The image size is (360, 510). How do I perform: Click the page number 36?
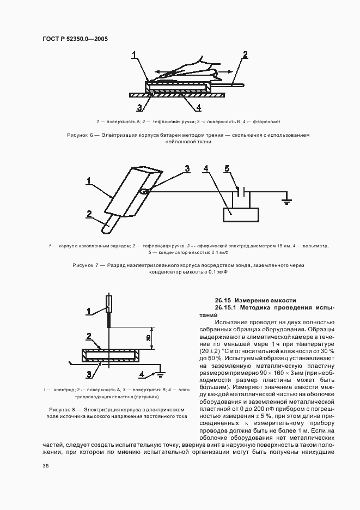point(46,465)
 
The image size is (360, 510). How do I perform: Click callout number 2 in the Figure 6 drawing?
point(246,54)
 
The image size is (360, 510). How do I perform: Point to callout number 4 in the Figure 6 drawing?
point(199,107)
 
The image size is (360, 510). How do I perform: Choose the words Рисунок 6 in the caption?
point(80,135)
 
